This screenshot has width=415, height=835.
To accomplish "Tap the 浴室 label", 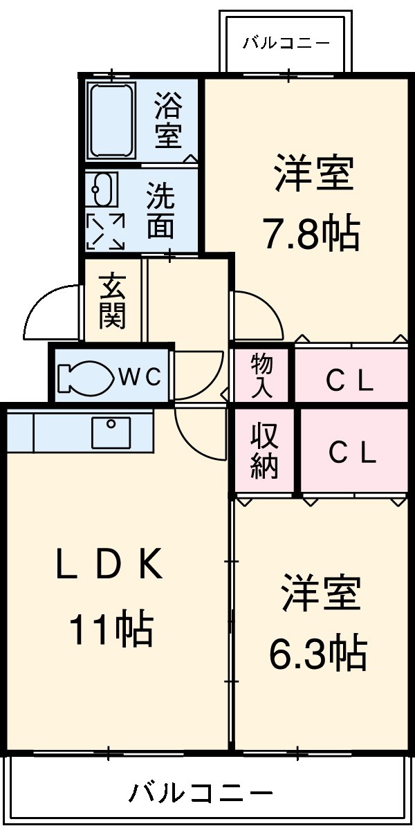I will (167, 120).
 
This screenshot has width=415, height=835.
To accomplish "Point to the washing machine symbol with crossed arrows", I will (106, 230).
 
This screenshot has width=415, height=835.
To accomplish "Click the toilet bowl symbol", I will (86, 378).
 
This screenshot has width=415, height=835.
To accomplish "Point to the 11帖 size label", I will (110, 628).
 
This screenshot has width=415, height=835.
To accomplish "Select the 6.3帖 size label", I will (317, 651).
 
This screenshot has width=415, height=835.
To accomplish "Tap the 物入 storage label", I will (262, 376).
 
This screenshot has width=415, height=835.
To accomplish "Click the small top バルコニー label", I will (286, 44).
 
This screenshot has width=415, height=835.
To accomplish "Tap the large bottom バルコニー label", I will (201, 792).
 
